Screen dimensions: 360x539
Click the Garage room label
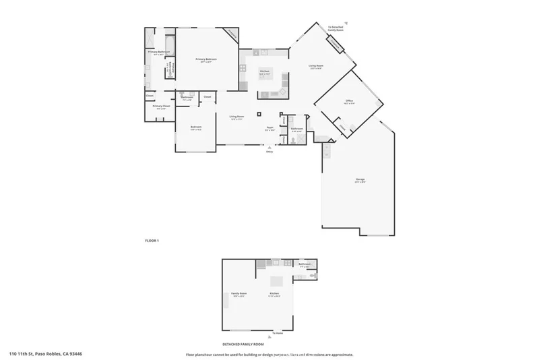tap(360, 179)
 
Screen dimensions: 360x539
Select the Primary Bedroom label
tap(205, 60)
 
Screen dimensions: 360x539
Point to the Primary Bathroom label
tap(158, 53)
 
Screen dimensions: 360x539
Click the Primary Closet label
tap(160, 107)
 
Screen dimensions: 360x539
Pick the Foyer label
tap(269, 127)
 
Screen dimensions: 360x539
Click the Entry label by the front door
tap(269, 152)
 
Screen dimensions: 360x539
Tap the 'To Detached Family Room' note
tap(335, 29)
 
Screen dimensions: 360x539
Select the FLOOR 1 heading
tap(152, 241)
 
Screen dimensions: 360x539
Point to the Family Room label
tap(239, 295)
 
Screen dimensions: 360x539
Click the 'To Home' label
tap(277, 334)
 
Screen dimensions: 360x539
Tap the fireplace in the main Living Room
tap(334, 44)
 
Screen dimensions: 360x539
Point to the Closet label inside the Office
tap(342, 126)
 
